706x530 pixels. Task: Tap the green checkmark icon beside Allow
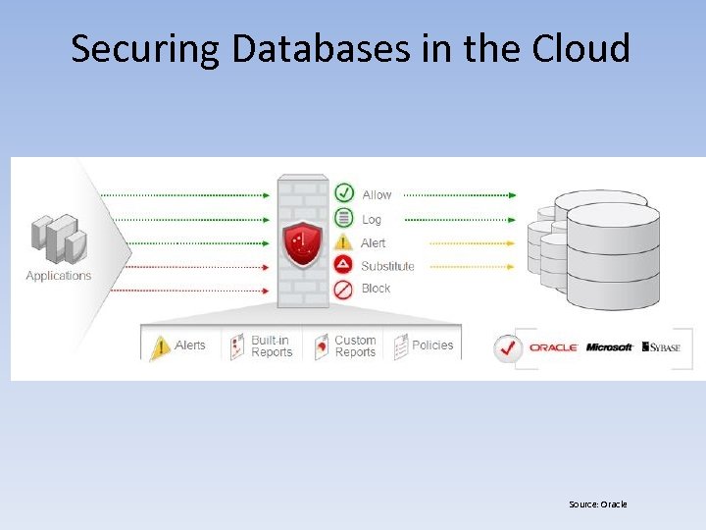[343, 193]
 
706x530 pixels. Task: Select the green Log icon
[343, 218]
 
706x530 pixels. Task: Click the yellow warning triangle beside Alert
[343, 241]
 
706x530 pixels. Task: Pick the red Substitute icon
[343, 265]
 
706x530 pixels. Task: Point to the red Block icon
[343, 289]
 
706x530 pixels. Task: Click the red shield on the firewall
[302, 243]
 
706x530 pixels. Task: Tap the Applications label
[58, 276]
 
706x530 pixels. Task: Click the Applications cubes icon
[58, 238]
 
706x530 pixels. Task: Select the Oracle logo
[553, 347]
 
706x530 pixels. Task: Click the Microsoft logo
[609, 347]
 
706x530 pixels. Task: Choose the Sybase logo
[661, 347]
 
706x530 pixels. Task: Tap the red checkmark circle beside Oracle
[507, 347]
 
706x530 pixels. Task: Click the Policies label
[432, 345]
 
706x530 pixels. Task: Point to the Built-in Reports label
[272, 346]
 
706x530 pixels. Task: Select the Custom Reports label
[355, 346]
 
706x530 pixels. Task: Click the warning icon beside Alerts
[160, 346]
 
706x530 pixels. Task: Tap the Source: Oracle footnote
[597, 504]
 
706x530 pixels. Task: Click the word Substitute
[387, 266]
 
